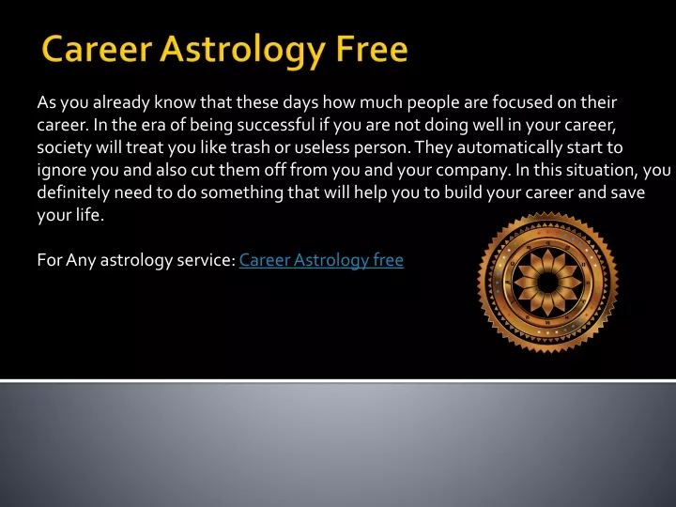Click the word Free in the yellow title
(372, 49)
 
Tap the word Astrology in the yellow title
(242, 52)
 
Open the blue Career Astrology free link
(321, 260)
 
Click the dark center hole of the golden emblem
(548, 283)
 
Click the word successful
(276, 125)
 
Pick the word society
(64, 148)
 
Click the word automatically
(510, 148)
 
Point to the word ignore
(62, 170)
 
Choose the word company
(473, 171)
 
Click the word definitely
(73, 192)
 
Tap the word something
(242, 192)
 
